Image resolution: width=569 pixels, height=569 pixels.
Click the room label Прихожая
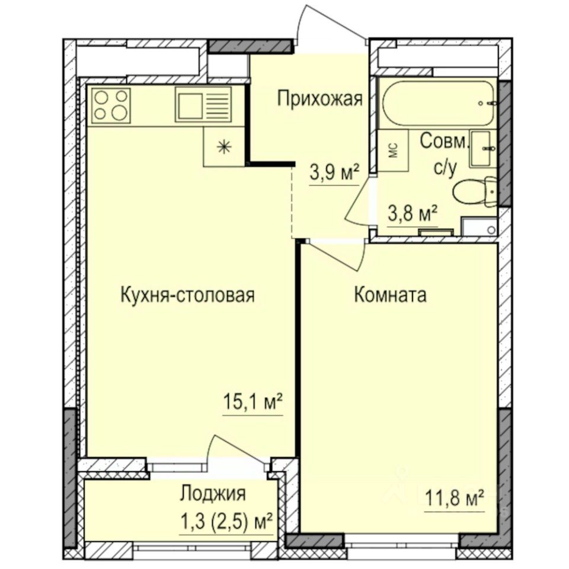pos(319,98)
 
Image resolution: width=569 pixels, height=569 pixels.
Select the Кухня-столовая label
pos(187,295)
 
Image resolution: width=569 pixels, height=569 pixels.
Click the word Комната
pos(390,295)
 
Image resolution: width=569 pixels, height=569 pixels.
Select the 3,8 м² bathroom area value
pos(413,212)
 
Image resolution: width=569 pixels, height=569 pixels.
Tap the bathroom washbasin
pos(483,149)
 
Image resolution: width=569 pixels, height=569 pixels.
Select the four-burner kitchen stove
pos(110,105)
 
